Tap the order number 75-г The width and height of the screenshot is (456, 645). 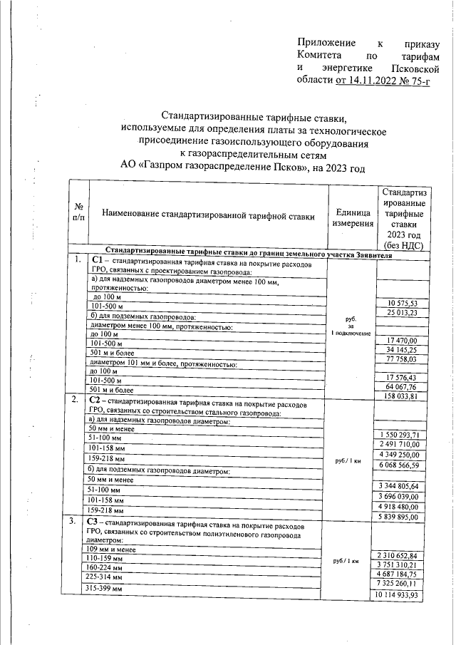[x=424, y=80]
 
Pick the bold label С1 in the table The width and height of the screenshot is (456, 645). [x=98, y=261]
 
